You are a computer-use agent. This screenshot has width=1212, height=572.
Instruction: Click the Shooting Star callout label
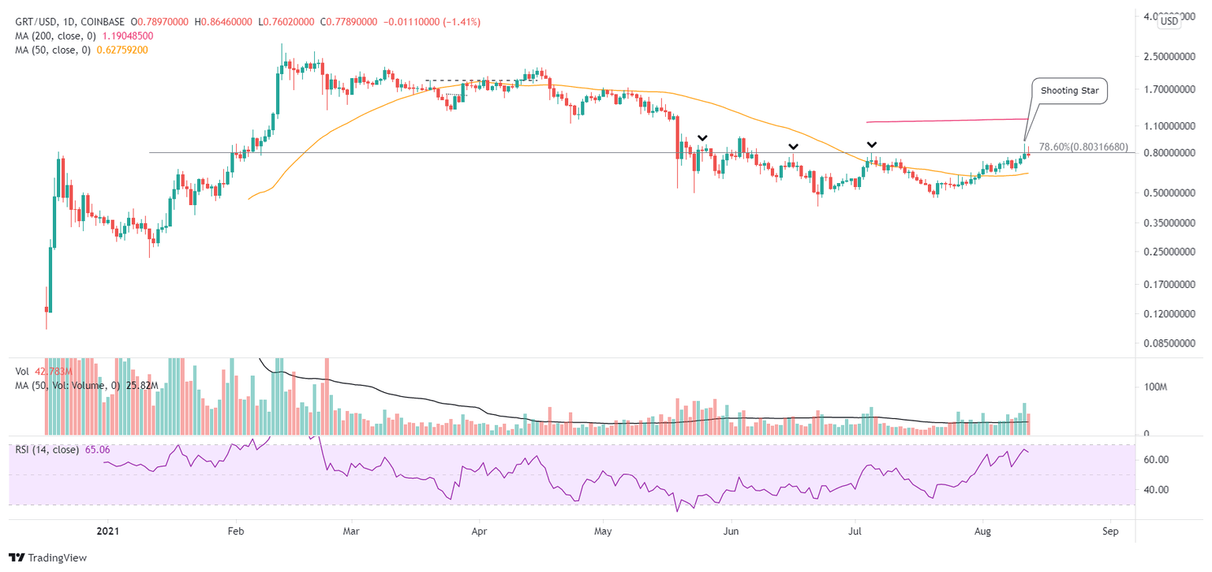[x=1070, y=91]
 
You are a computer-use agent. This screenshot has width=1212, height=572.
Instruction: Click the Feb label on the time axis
[x=234, y=531]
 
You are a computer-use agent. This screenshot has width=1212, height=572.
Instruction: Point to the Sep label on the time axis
[x=1110, y=531]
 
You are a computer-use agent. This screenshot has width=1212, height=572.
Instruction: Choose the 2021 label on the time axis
[x=107, y=531]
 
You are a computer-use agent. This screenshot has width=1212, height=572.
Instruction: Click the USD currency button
[x=1169, y=21]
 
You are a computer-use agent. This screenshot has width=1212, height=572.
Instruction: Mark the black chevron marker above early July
[x=872, y=145]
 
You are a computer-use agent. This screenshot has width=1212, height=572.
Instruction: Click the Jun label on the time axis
[x=731, y=531]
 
